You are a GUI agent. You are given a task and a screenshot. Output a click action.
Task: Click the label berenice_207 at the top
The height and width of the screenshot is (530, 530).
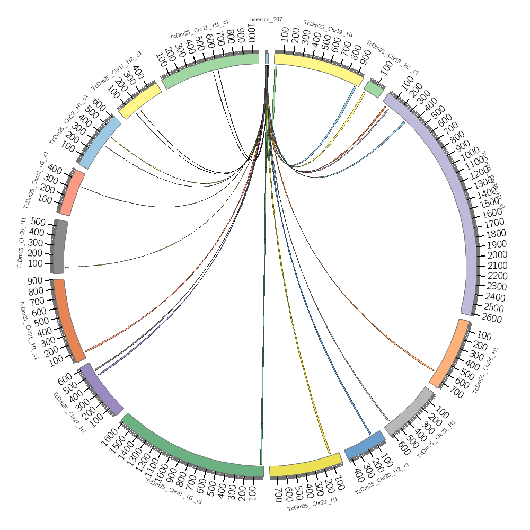pos(266,20)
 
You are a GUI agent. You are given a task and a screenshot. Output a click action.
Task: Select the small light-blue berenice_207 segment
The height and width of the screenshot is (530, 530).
pos(267,57)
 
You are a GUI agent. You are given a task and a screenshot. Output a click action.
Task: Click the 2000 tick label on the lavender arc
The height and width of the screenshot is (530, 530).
pos(497,255)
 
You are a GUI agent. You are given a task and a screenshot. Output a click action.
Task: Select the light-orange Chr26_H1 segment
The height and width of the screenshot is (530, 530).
pos(449,352)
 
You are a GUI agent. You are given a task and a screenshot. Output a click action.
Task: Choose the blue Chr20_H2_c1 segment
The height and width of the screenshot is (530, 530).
pos(365,445)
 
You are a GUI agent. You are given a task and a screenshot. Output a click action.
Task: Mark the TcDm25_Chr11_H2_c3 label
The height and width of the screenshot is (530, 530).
pos(116,72)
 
